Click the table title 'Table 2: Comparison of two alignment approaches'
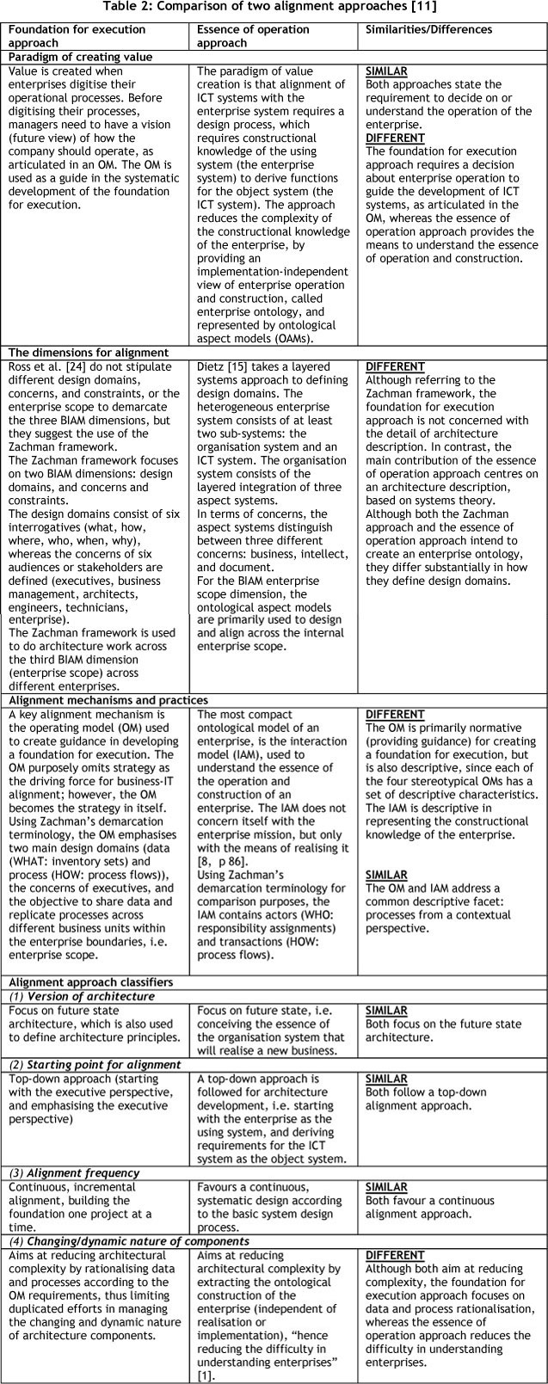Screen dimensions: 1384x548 tap(274, 8)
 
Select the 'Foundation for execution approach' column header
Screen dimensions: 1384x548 tap(77, 35)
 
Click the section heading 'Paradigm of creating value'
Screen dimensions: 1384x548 tap(80, 57)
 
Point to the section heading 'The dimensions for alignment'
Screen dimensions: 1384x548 tap(89, 353)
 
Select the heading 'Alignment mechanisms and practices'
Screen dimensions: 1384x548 tap(108, 700)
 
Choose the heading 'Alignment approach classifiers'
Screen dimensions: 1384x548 tap(90, 981)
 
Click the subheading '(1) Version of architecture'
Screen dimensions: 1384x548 tap(82, 996)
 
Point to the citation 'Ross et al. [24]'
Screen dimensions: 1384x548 tap(51, 366)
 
